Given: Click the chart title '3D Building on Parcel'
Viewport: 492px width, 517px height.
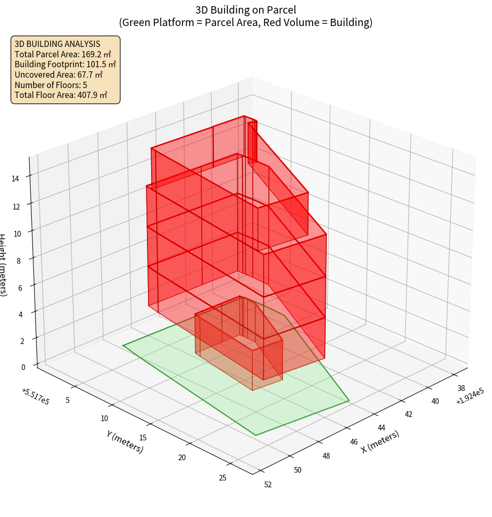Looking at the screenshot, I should click(245, 10).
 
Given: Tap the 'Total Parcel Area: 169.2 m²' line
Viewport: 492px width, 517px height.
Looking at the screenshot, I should click(63, 54).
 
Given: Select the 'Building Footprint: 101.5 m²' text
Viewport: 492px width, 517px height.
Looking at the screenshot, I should click(65, 64).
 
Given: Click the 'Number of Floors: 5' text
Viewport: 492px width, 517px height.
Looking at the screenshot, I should click(51, 85).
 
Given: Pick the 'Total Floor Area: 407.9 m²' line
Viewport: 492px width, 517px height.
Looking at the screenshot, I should click(61, 95).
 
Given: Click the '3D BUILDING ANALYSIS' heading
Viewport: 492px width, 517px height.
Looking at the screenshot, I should click(57, 43).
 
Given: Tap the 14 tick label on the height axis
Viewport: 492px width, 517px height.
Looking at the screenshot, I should click(15, 178).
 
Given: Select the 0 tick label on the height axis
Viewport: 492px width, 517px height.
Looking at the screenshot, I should click(23, 367).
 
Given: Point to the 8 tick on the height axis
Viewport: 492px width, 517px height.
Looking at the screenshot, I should click(19, 261).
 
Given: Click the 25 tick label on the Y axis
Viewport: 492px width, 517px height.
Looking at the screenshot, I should click(223, 478).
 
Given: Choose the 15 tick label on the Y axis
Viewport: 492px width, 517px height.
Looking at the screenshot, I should click(143, 437).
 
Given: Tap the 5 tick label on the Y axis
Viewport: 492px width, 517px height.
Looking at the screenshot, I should click(68, 400).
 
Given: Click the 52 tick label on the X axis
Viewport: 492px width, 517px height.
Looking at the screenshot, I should click(268, 485).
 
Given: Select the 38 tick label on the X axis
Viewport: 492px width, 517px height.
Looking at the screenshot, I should click(461, 388).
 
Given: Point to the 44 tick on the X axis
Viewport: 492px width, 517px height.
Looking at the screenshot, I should click(380, 427).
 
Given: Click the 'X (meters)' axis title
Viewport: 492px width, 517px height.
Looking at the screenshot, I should click(380, 442).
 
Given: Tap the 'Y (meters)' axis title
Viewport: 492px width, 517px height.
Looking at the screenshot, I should click(125, 441).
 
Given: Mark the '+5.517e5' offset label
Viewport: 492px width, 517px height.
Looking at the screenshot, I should click(36, 397).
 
